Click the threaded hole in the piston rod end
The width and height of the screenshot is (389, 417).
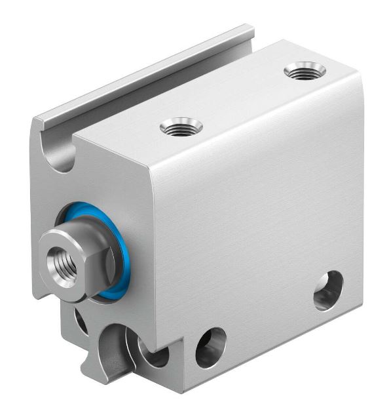coord(64,250)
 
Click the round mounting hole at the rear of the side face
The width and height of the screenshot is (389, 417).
coord(328,290)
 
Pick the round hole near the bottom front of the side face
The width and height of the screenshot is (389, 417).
coord(211,346)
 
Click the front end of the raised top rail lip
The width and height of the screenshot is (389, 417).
coord(39,121)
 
